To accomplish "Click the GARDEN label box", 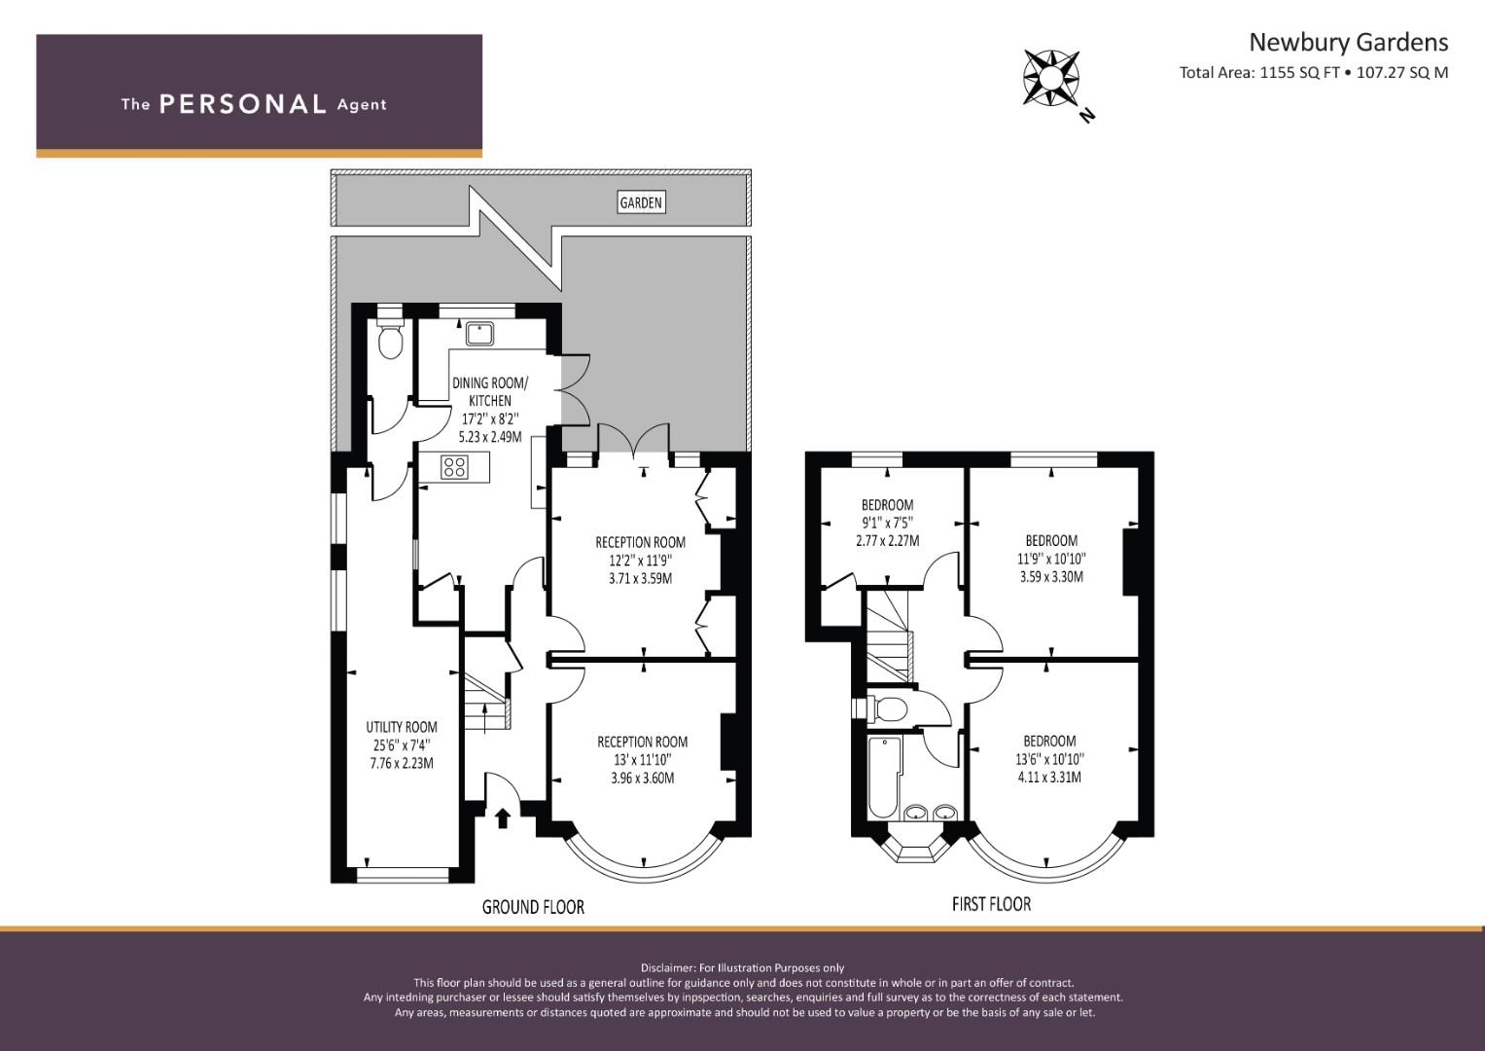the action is coord(641,202).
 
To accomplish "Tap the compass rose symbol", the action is coord(1051,78).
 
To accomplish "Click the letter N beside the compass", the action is coord(1086,116).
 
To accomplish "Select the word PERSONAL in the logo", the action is coord(243,104).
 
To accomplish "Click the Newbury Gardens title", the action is coord(1349,43).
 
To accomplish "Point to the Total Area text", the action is coord(1313,72).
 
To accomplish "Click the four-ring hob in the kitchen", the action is coord(454,466).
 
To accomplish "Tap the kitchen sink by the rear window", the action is coord(478,334).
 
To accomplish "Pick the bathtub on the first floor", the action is coord(884,777).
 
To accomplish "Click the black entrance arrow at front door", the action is coord(503,818).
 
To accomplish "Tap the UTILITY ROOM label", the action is coord(402,727).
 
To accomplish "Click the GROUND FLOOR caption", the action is coord(533,907).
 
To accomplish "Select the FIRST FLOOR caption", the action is coord(991,904).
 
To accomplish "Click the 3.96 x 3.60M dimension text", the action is coord(643,778).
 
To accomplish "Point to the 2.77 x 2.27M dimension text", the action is coord(888,540).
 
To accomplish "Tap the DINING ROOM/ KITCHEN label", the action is coord(490,391).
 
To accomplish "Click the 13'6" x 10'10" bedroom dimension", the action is coord(1050,759).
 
